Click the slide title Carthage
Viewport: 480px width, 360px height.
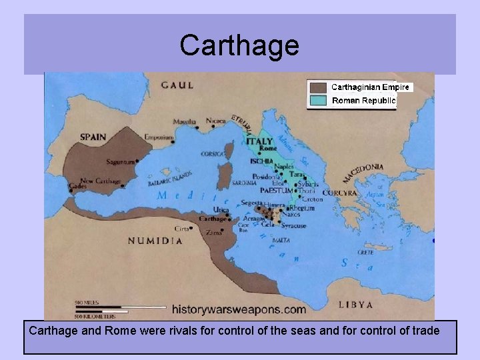[239, 45]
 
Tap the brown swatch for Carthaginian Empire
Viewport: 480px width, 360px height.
[319, 87]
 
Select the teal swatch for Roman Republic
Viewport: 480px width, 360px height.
[319, 101]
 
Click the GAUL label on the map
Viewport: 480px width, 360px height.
[177, 85]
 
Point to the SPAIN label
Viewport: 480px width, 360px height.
[93, 137]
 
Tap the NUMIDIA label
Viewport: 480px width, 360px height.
[155, 241]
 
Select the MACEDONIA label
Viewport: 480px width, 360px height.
[363, 173]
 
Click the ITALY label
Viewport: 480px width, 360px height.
[259, 141]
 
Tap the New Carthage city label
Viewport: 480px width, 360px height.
[100, 181]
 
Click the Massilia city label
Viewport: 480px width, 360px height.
[184, 122]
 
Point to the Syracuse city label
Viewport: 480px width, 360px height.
[293, 225]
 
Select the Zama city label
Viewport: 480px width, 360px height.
[213, 232]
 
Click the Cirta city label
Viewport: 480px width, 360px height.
[181, 228]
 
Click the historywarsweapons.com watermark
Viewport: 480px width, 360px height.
[239, 309]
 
